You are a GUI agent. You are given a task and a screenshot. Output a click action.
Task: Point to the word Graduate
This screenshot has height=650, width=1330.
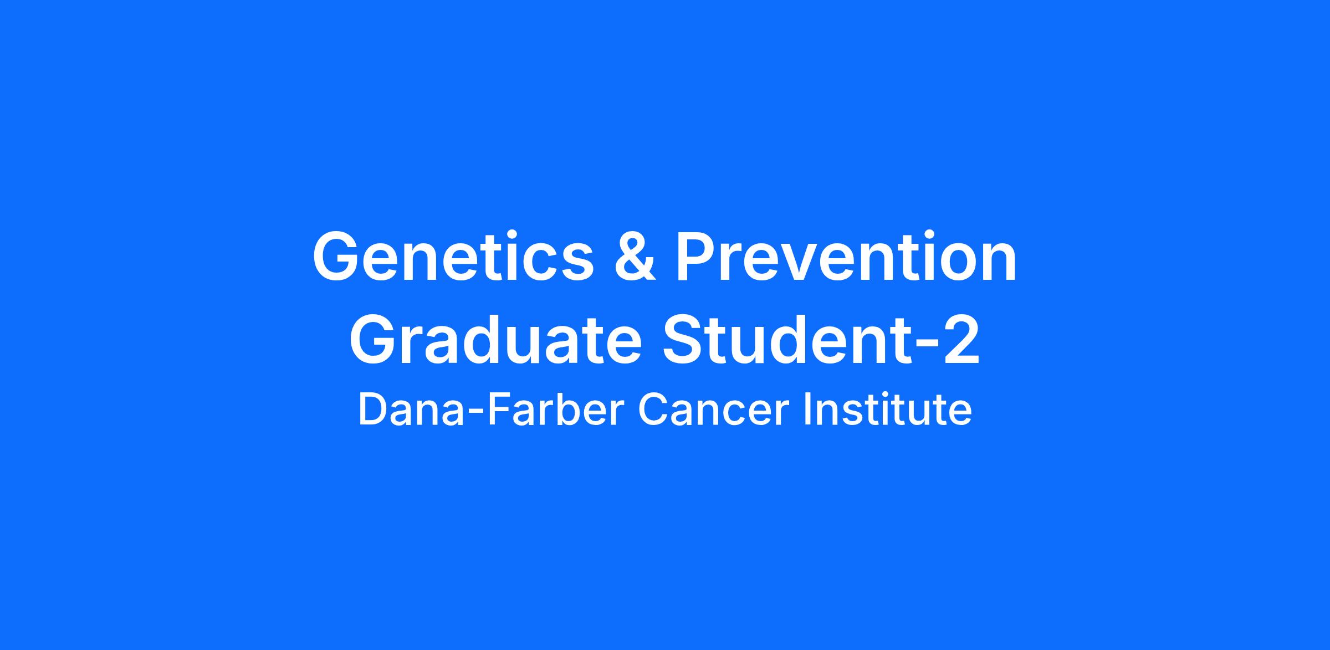tap(495, 339)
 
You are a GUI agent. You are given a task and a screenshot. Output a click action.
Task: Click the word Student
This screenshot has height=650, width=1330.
tap(786, 339)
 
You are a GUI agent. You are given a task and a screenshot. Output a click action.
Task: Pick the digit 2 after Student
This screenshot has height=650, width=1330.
tap(960, 339)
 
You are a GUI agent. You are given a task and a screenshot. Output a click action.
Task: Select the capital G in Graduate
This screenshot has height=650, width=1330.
tap(374, 339)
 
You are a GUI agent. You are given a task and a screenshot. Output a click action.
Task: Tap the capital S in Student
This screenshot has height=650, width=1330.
tap(684, 339)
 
